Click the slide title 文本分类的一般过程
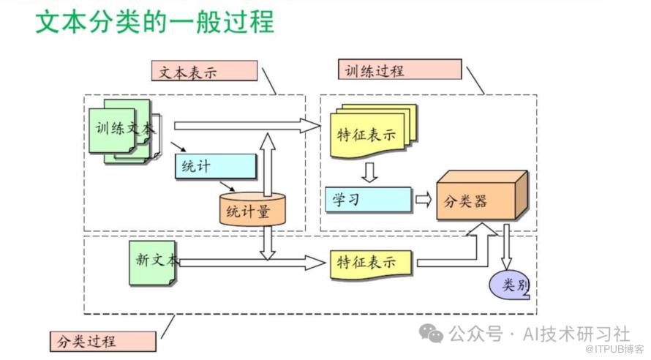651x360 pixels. (x=154, y=22)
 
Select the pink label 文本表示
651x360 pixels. (x=204, y=72)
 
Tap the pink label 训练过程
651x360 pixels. (x=399, y=70)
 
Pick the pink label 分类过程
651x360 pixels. (x=102, y=342)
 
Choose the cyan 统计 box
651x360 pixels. (x=215, y=167)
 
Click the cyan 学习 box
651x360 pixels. (x=367, y=199)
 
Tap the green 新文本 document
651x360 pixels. (x=152, y=260)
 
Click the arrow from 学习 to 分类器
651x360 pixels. (x=423, y=199)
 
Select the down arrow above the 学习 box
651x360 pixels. (x=369, y=171)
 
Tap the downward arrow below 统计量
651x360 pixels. (x=268, y=242)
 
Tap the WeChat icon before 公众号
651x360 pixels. (x=431, y=334)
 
